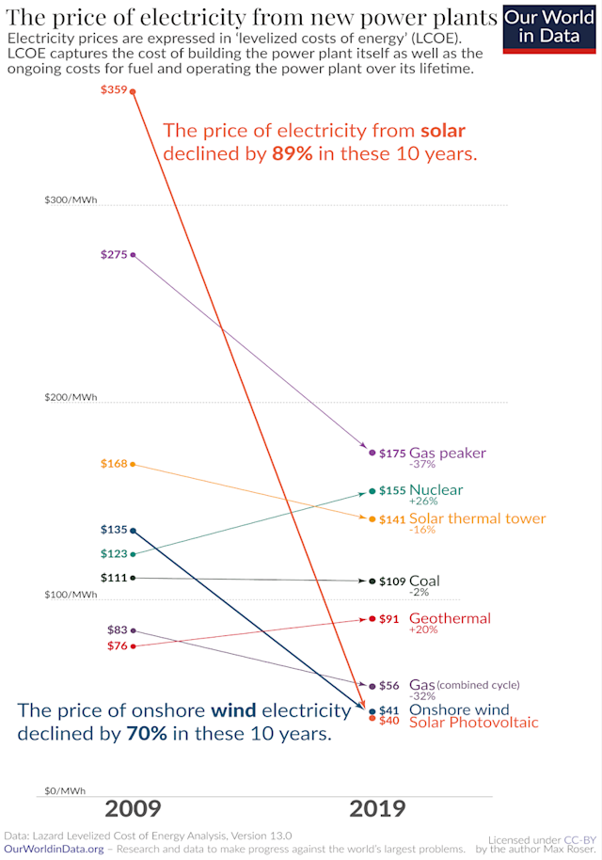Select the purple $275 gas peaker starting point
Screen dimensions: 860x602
point(133,254)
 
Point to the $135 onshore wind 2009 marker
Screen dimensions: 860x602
point(133,531)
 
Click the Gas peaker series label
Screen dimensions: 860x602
point(447,453)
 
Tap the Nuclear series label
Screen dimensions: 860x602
point(436,489)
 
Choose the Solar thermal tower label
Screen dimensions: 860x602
point(477,518)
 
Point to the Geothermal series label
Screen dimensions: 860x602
point(450,618)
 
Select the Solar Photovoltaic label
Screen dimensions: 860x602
point(473,723)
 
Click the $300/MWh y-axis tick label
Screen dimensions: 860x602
point(71,199)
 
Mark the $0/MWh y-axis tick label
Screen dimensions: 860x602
point(65,791)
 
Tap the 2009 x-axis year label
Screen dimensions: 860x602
point(133,808)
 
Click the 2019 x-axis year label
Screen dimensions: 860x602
point(377,808)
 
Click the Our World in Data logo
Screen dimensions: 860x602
point(551,27)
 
